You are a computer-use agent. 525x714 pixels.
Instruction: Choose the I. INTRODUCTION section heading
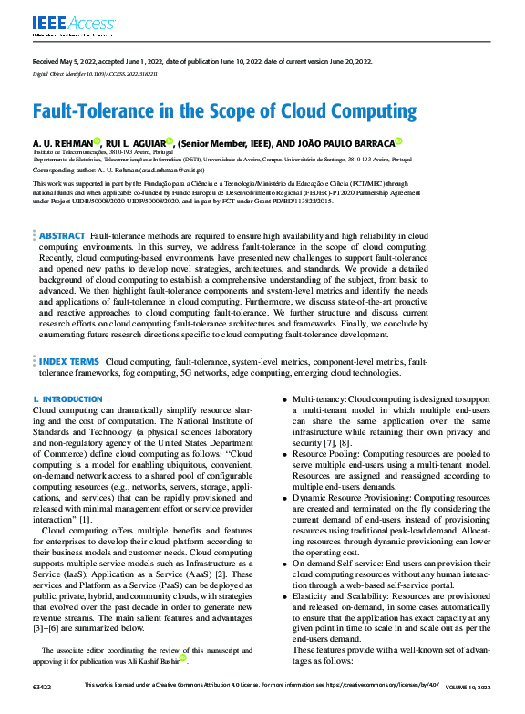[67, 399]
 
